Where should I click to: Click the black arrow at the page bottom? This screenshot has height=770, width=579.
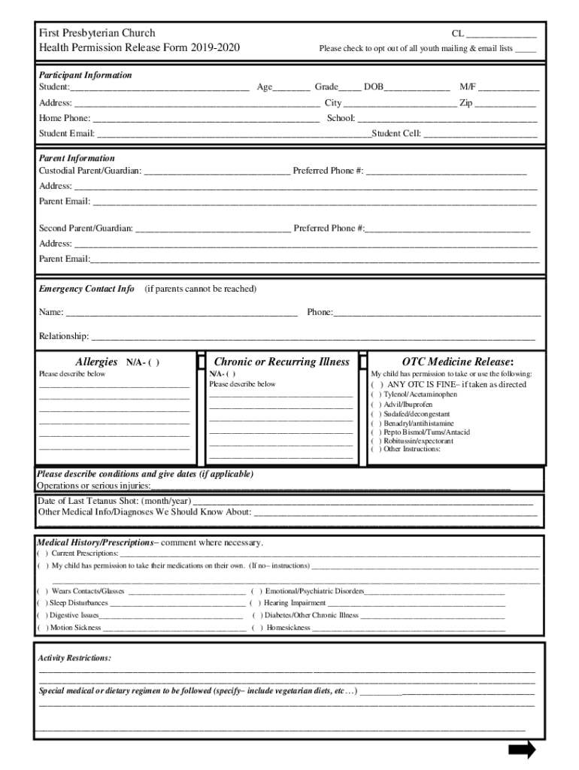tap(521, 750)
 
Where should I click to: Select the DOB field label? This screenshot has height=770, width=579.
tap(374, 87)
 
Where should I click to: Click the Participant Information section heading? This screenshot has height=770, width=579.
tap(85, 75)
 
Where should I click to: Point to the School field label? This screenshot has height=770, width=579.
tap(341, 118)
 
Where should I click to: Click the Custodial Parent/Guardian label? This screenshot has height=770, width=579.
tap(89, 171)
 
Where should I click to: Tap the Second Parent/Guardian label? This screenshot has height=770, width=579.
tap(86, 228)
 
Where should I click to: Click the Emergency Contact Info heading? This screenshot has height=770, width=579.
tap(86, 289)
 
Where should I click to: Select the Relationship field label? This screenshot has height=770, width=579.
tap(64, 335)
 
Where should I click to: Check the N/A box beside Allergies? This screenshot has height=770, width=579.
tap(153, 362)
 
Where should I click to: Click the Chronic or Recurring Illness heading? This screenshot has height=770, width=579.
tap(282, 362)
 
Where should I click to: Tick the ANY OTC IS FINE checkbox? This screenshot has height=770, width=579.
tap(376, 384)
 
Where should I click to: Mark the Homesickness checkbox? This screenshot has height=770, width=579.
tap(256, 627)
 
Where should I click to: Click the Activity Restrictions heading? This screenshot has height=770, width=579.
tap(74, 658)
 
